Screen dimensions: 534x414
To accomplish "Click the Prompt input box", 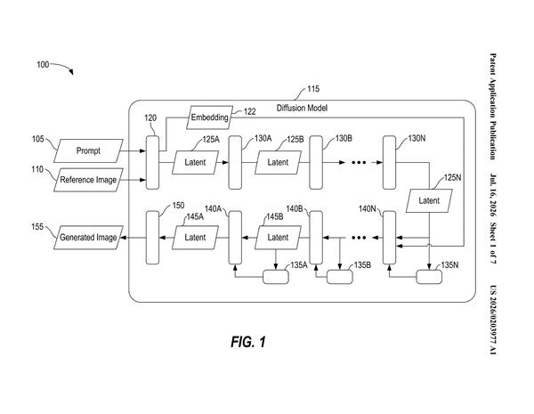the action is click(88, 150).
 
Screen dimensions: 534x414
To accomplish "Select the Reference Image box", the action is click(88, 180).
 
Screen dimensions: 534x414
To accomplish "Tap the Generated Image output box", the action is click(88, 238).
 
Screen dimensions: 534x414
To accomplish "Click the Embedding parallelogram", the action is click(209, 118).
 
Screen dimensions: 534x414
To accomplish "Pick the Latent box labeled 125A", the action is click(195, 163).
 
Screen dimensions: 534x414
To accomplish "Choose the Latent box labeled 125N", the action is click(429, 200).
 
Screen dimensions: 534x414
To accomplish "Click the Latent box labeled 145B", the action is click(278, 238).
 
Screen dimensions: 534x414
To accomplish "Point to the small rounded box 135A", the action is click(276, 277).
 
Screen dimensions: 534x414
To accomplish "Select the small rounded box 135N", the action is click(429, 277).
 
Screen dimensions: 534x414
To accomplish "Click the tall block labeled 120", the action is click(152, 163).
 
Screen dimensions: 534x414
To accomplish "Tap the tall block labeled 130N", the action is click(389, 163).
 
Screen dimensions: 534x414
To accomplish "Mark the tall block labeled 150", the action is click(152, 238).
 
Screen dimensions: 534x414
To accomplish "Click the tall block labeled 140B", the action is click(316, 238).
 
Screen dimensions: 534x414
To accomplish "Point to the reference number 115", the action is click(313, 89).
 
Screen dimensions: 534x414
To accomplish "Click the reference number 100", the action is click(43, 64).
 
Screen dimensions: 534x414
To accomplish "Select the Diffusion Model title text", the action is click(302, 108).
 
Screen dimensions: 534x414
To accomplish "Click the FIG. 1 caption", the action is click(248, 341).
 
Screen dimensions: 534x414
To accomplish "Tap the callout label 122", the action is click(249, 111).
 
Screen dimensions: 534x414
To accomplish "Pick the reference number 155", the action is click(37, 227).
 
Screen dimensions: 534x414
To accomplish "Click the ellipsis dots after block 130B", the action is click(359, 163).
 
